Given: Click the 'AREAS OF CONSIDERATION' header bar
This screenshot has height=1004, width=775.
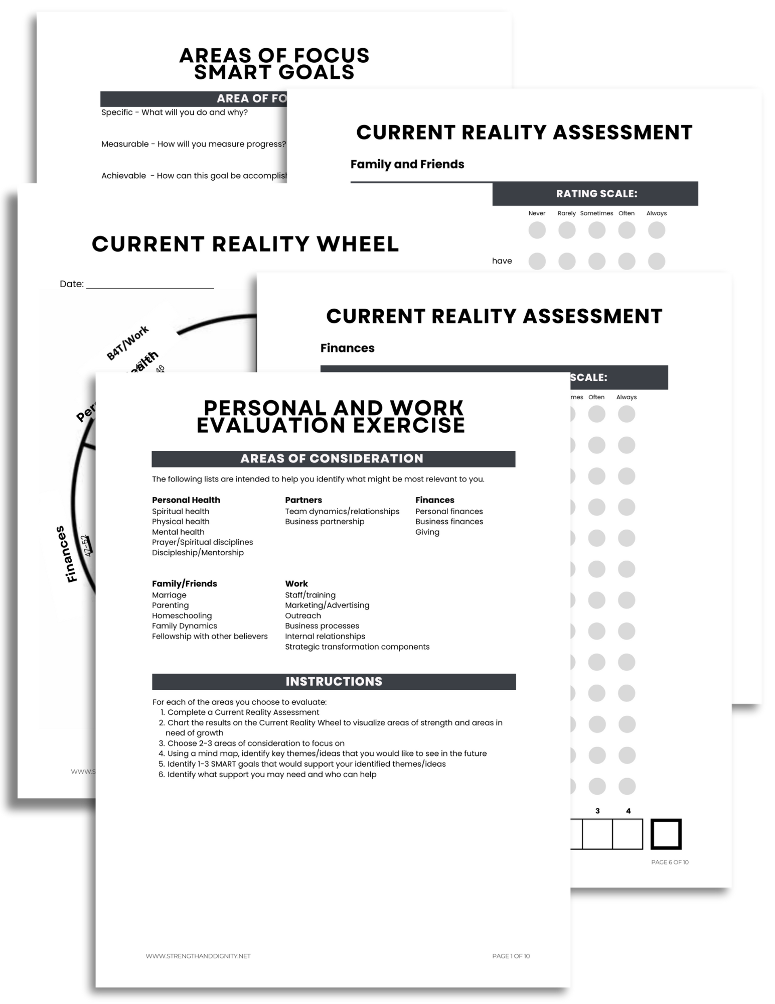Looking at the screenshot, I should point(333,459).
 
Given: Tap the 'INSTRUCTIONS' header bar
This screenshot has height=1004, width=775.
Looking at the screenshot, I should point(334,681).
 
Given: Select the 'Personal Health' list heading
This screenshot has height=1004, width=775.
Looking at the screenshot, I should point(186,500).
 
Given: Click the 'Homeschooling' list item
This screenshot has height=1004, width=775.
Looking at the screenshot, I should point(182,615).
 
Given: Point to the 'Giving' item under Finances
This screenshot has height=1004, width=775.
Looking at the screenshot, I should point(427,532).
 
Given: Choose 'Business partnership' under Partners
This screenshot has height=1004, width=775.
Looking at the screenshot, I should point(325,522).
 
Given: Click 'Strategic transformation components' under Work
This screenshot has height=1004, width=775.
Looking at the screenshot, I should point(357,647).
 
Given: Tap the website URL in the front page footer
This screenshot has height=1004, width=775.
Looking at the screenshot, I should point(198,956).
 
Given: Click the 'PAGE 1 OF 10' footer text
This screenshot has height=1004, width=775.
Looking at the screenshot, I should point(511,956).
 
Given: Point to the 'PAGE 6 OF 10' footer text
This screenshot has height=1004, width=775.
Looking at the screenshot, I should point(669,862).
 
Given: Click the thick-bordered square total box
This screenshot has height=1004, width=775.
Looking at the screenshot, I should point(666,834).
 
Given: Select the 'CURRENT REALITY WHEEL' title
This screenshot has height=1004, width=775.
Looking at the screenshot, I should point(245,244).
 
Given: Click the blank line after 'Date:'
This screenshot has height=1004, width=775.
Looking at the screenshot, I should point(150,284).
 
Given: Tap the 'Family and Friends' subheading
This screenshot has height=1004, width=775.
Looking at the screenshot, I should point(407,164).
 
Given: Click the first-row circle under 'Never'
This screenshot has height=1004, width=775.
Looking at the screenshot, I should point(537,230).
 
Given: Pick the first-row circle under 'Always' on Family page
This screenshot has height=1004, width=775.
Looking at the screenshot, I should point(656,230).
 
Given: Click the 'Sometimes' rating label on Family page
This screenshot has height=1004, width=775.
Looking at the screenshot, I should point(596,213).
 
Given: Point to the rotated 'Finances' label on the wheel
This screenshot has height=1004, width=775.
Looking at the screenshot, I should point(67,554).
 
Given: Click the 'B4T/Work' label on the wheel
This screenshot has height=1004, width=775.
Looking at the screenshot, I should point(127,343).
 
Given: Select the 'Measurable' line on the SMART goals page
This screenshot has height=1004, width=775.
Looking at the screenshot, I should point(193,144).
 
